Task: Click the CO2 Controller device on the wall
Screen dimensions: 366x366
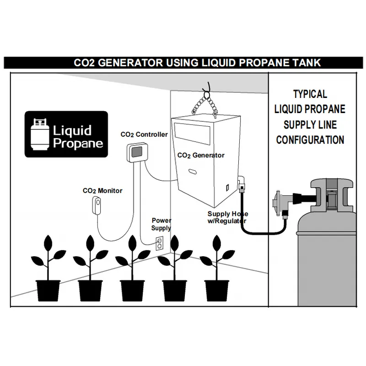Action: pos(137,152)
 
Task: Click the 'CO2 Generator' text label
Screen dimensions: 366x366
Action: pos(201,156)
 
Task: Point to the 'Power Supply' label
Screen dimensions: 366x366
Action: pos(161,224)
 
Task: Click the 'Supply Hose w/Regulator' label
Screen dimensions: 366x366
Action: pos(228,217)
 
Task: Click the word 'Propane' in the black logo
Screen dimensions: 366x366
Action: pos(78,143)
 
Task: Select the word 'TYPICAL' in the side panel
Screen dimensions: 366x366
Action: pos(310,94)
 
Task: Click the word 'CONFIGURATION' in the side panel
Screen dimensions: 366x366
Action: pos(310,140)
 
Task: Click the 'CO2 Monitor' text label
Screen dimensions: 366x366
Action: pos(102,190)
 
